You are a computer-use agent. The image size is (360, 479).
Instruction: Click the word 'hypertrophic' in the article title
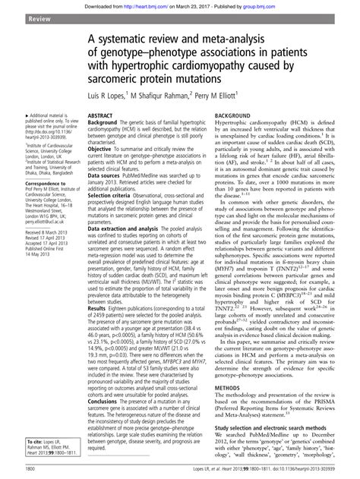[x=159, y=68]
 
